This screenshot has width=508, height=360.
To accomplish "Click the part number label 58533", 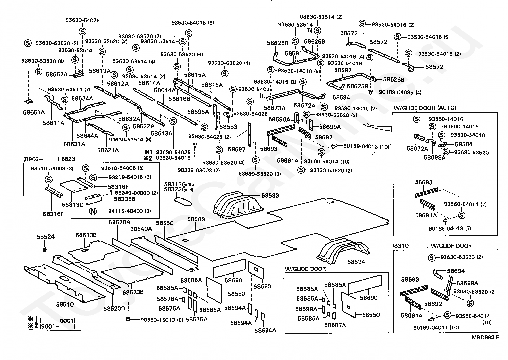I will [x=270, y=196].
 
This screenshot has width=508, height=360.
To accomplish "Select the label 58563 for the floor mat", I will [x=196, y=219].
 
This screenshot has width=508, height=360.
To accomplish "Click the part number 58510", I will [x=65, y=305].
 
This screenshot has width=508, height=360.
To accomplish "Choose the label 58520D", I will [x=114, y=309].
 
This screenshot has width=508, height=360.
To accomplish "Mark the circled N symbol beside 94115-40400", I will [x=93, y=211].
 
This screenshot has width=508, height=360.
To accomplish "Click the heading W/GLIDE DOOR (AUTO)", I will [x=425, y=108].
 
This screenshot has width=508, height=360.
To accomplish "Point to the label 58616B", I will [x=179, y=99].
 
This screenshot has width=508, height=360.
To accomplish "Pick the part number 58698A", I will [x=434, y=157].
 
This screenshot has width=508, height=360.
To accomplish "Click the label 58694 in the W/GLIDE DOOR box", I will [x=456, y=271].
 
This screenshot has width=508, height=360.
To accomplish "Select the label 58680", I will [x=263, y=286].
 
